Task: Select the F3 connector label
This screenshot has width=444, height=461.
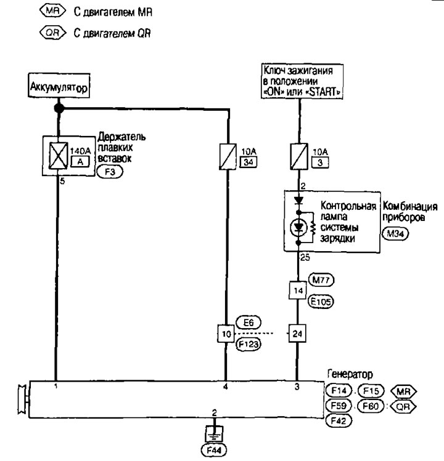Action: (110, 173)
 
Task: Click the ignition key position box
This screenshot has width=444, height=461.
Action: (302, 80)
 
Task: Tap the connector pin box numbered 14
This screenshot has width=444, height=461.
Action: (299, 289)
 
